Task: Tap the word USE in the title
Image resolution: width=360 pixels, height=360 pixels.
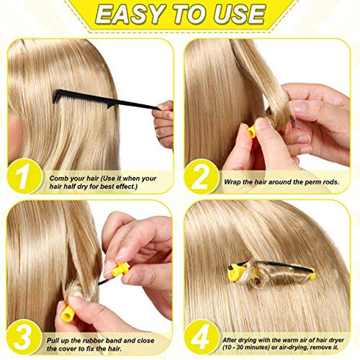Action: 237,15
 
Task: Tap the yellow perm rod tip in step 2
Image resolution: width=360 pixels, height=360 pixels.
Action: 251,132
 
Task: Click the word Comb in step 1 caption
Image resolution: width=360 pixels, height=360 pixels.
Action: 60,178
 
